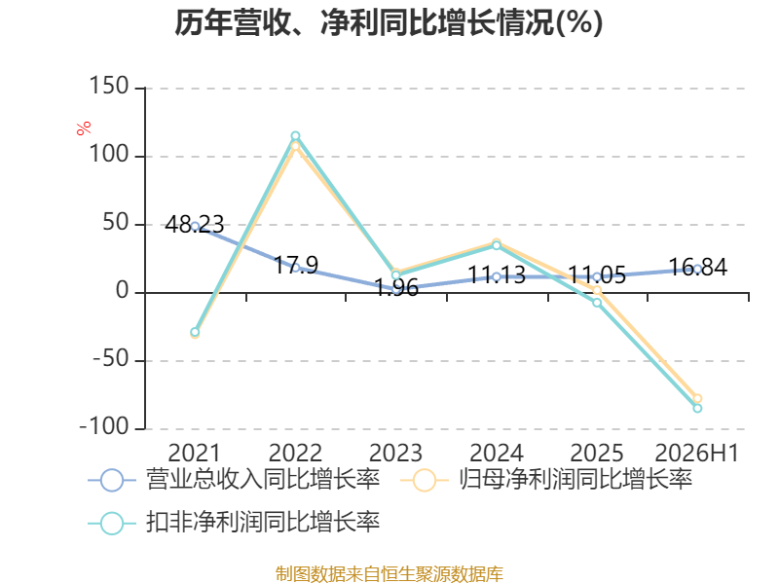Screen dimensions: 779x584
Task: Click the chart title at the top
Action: pos(389,22)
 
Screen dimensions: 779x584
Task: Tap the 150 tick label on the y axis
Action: pos(109,86)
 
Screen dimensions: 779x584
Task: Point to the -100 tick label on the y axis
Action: pos(104,426)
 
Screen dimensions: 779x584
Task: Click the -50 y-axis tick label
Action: pos(111,358)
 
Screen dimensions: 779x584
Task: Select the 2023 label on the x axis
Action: pos(395,453)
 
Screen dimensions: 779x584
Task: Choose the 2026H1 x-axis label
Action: pos(697,453)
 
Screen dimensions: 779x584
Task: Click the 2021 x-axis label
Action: pos(194,453)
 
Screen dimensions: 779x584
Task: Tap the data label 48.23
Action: pos(194,225)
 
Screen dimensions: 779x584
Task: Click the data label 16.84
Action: pos(698,267)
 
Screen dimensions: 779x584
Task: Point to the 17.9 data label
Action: pos(296,265)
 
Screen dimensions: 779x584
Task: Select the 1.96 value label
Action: pos(396,287)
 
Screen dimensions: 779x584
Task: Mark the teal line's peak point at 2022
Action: pos(295,136)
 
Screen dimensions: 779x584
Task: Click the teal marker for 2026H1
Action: pos(697,408)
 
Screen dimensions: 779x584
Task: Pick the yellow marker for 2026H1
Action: pos(697,398)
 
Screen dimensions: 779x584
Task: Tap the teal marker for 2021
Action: pos(195,332)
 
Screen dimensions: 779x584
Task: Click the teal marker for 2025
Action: pos(597,303)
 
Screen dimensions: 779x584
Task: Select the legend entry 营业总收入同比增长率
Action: pos(234,480)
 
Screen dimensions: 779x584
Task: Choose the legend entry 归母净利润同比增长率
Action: pos(546,480)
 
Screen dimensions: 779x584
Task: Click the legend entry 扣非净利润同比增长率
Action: pos(234,523)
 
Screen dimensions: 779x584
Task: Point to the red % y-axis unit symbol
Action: pos(84,128)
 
